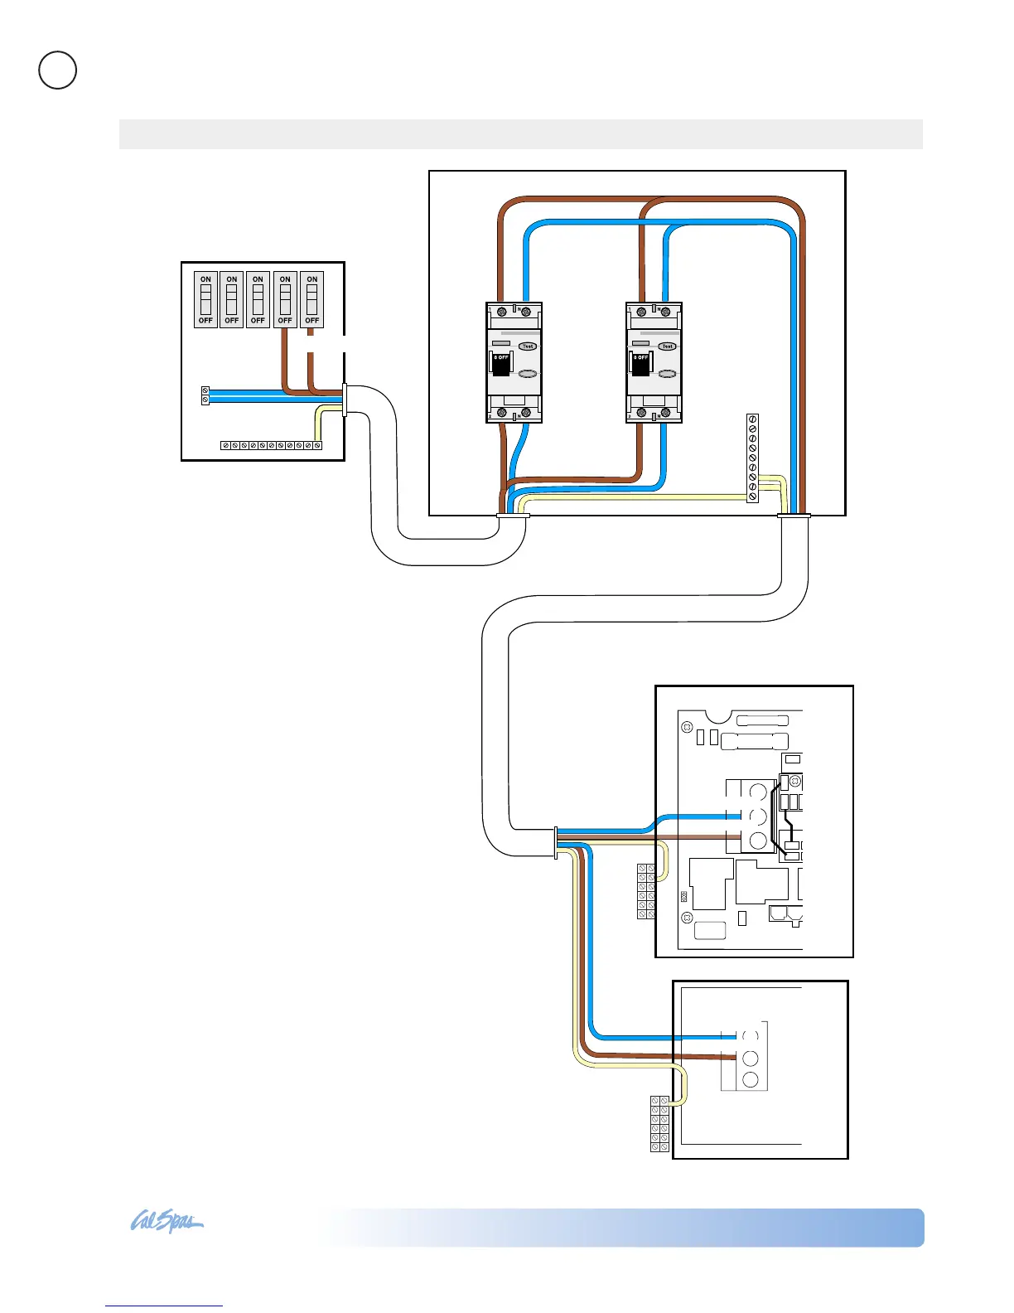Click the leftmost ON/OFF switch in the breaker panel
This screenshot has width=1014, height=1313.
tap(205, 299)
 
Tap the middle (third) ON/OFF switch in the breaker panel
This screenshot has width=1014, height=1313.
tap(258, 299)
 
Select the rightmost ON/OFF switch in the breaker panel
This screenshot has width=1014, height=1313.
tap(311, 299)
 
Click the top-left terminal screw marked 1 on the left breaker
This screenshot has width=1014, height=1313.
tap(501, 312)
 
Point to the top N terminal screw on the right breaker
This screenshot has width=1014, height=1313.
tap(665, 312)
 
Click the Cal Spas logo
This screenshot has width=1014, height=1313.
tap(167, 1223)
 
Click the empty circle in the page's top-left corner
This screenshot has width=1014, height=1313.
tap(58, 70)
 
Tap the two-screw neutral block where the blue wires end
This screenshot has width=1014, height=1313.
tap(205, 395)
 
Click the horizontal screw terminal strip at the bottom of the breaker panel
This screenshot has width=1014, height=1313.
tap(271, 446)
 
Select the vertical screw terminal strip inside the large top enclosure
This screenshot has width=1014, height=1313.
tap(752, 458)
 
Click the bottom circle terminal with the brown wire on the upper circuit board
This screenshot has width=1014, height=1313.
tap(757, 840)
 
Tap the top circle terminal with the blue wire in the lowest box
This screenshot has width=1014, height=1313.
tap(751, 1036)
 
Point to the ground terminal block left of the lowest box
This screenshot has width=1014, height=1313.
tap(659, 1123)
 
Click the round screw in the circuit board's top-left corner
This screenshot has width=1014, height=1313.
tap(687, 728)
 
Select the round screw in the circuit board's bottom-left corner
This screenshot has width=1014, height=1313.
tap(687, 918)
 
